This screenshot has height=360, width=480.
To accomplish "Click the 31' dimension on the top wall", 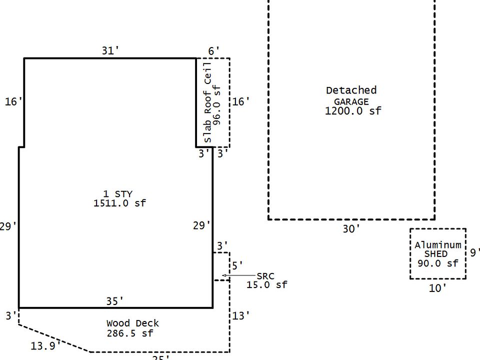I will point(110,50).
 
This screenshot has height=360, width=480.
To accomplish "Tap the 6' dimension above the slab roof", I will point(214,50).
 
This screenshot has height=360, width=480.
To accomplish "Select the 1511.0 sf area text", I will point(119,203).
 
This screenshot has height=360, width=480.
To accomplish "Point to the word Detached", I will point(351,90).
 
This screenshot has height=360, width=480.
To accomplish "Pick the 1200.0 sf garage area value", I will point(353,110).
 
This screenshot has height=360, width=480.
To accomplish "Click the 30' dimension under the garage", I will point(351,229).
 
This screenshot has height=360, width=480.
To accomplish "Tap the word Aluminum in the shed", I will point(438,245).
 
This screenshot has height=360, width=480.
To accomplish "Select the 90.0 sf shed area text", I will point(438,263).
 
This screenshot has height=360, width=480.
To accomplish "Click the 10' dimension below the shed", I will point(437,287).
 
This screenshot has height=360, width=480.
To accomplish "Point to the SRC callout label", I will point(265,276).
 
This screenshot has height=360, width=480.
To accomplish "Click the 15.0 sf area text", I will point(267,285).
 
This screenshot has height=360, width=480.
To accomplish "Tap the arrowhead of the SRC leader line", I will point(224,275).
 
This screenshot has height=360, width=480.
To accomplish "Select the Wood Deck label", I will point(132,323).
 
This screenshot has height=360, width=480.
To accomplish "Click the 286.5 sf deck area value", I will point(130,333).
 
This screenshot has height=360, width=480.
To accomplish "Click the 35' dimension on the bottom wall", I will point(115,301).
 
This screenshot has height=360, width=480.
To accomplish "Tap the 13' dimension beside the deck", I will point(241,315).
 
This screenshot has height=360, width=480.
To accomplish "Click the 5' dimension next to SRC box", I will point(237,265).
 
